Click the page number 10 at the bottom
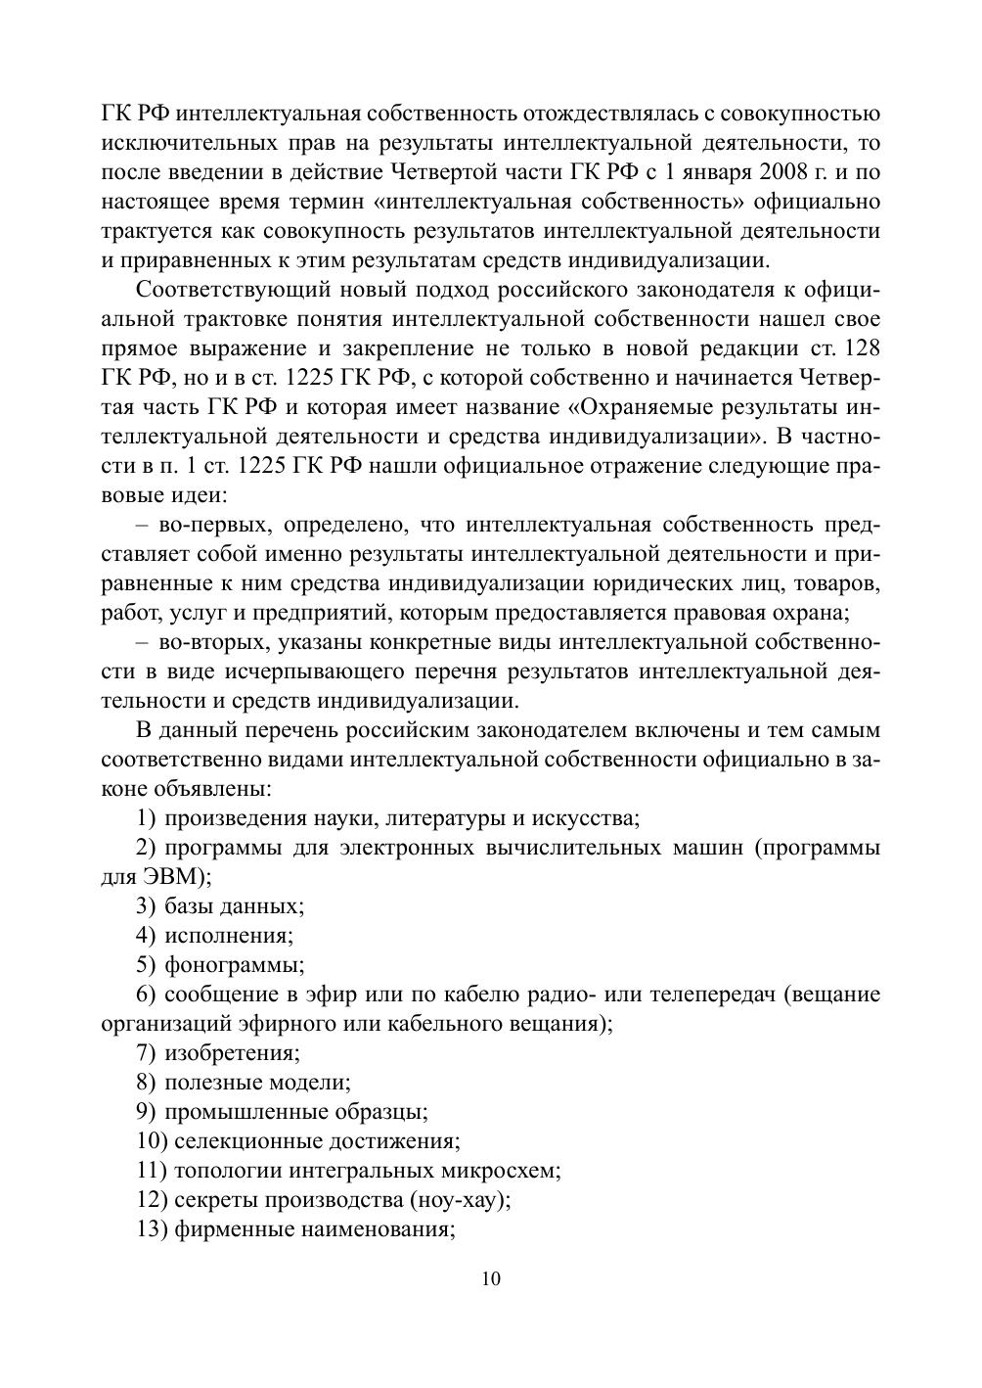point(491,1278)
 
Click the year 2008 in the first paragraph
point(779,172)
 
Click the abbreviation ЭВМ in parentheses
point(162,877)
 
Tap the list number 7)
point(147,1053)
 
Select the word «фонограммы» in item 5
point(234,965)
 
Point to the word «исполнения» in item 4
point(229,936)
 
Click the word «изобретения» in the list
point(232,1053)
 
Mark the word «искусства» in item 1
point(589,818)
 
